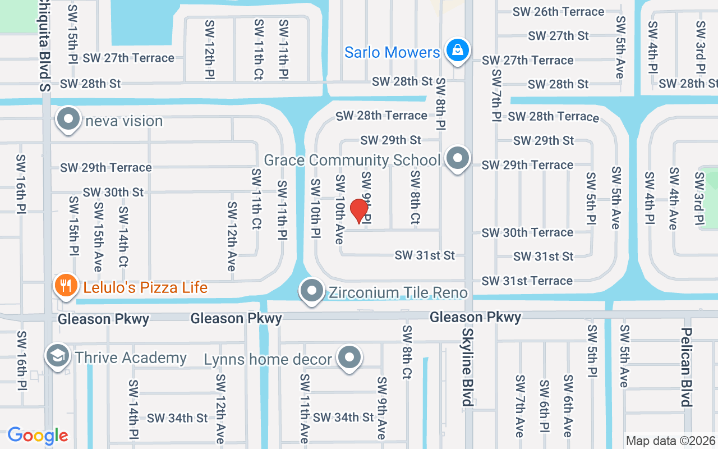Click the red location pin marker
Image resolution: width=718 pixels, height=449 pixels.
pos(359,211)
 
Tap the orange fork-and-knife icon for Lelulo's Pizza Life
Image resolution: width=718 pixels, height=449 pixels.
pos(66,287)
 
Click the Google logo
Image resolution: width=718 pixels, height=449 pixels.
pos(38,436)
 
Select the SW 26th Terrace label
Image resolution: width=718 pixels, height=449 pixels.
pos(559,12)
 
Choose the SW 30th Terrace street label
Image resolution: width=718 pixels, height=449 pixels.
pos(527,232)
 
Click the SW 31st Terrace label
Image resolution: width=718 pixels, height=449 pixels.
pos(527,281)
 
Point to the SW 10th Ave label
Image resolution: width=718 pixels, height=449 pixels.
pos(339,209)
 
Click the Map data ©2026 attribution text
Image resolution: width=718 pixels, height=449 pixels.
pos(671,441)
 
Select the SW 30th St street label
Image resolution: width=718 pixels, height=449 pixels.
pos(113,192)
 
